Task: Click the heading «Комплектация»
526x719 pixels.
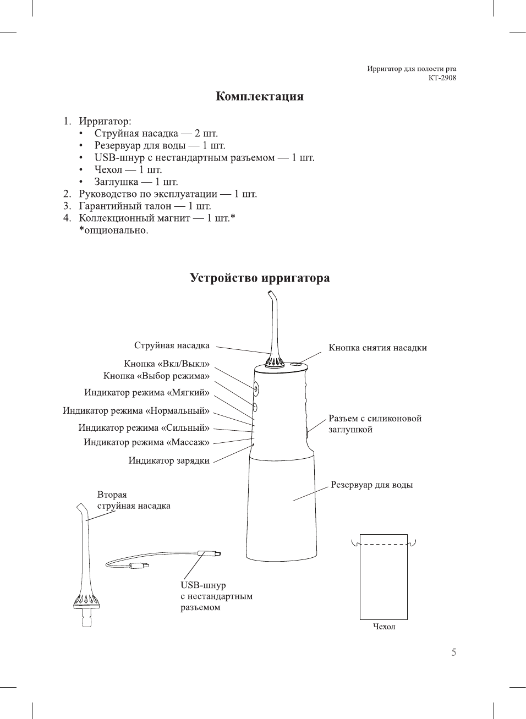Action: tap(259, 97)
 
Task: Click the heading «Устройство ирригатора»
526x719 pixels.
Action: tap(260, 278)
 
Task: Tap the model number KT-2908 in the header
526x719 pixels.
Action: tap(442, 78)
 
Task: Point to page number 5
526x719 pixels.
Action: tap(453, 652)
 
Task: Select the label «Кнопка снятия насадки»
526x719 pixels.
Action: tap(377, 348)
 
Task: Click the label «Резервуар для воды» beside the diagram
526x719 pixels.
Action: tap(371, 485)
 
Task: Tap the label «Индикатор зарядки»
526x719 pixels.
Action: tap(169, 461)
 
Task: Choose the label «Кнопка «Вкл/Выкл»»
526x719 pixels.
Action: tap(167, 364)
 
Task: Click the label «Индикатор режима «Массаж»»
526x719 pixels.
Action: tap(146, 442)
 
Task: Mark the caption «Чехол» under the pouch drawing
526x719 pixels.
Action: tap(384, 627)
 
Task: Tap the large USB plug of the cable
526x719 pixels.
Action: tap(210, 553)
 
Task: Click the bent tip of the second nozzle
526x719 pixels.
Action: tap(81, 508)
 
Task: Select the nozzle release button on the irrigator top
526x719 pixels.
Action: tap(295, 364)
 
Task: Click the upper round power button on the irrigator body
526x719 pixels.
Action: tap(256, 388)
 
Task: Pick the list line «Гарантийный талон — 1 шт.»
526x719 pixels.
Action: tap(145, 206)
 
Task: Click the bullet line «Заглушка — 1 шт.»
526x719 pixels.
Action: tap(136, 182)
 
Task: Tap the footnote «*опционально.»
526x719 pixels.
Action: tap(113, 230)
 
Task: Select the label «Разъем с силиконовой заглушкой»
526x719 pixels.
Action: tap(375, 424)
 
